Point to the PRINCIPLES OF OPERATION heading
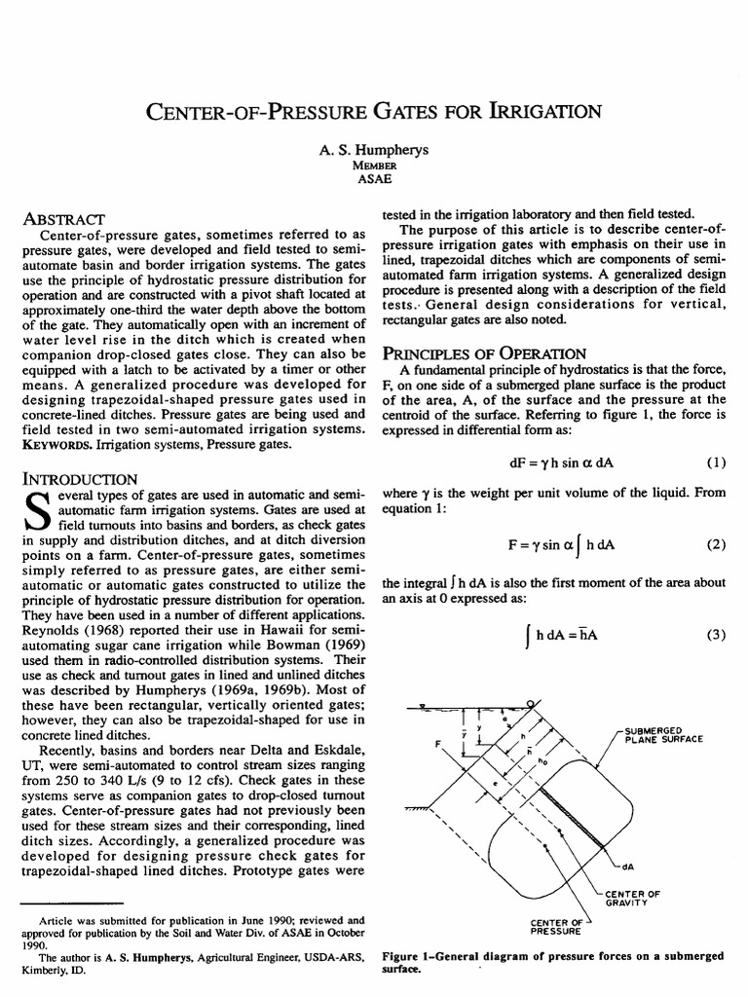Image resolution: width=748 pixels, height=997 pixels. pyautogui.click(x=483, y=352)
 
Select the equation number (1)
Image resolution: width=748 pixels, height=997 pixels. pyautogui.click(x=714, y=463)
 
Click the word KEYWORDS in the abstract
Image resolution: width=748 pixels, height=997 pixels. pyautogui.click(x=56, y=443)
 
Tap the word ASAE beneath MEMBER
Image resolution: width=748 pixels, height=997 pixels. pyautogui.click(x=374, y=179)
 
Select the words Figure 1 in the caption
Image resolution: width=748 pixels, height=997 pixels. pyautogui.click(x=408, y=957)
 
